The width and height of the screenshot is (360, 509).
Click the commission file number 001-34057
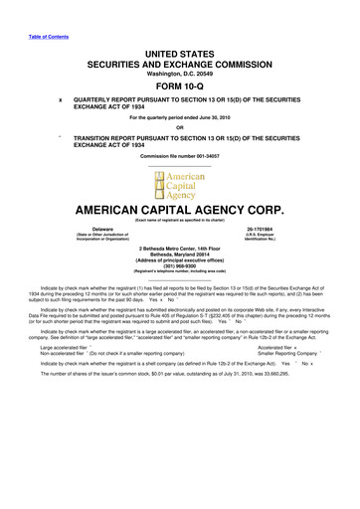click(x=206, y=159)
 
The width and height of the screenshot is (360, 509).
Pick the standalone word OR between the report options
click(x=180, y=126)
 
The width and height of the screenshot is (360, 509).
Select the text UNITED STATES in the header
click(x=179, y=50)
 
